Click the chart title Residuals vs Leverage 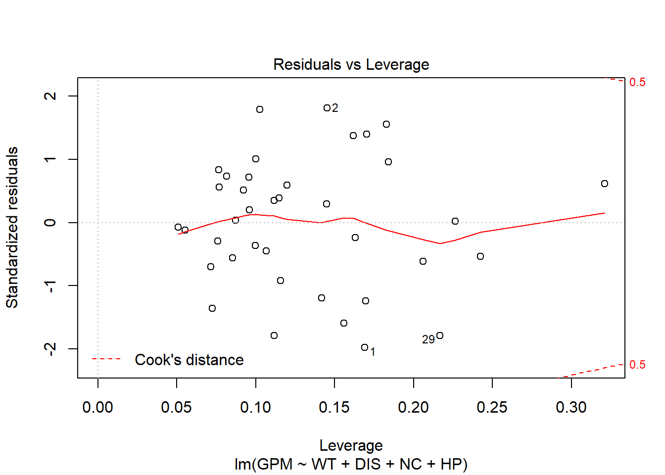point(351,64)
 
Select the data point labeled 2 point(327,108)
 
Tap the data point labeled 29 point(440,335)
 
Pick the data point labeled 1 point(365,347)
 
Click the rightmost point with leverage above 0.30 point(605,184)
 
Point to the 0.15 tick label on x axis point(334,407)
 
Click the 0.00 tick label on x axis point(97,407)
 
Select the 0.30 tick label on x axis point(571,407)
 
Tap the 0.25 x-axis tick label point(492,407)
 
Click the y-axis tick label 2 point(50,95)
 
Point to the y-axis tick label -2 point(50,349)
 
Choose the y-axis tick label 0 point(50,223)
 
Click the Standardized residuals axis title point(12,228)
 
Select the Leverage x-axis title point(351,445)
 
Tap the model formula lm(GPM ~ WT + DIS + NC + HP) point(351,464)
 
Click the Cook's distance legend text point(189,360)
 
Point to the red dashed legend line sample point(106,359)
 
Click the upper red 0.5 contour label point(637,82)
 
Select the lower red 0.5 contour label point(637,365)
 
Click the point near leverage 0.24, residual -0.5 point(480,256)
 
